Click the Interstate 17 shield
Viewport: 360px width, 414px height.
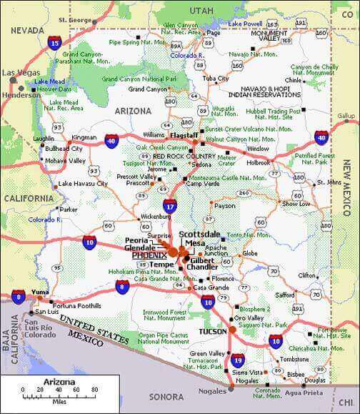(x=169, y=207)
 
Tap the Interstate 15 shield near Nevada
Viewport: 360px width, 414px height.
(x=55, y=44)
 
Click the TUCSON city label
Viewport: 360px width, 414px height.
(x=214, y=332)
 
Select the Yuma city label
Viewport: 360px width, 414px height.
(x=41, y=292)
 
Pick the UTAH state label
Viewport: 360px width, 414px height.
(x=201, y=11)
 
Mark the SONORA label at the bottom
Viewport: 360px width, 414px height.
(x=166, y=395)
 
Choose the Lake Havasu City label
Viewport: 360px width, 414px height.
(x=83, y=184)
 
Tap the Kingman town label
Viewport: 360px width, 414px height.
(x=84, y=137)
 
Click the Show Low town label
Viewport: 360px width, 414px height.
(x=296, y=204)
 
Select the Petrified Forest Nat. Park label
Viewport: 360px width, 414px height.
(x=316, y=157)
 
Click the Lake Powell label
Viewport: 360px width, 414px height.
(x=244, y=24)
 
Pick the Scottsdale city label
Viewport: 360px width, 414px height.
(x=200, y=234)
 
